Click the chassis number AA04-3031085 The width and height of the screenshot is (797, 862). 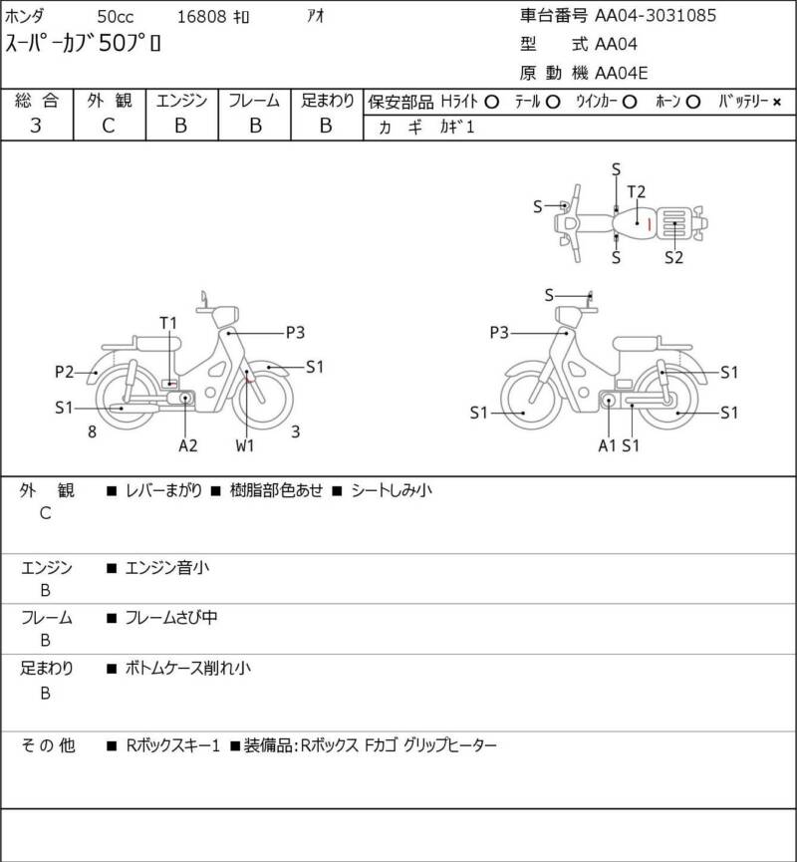[x=656, y=15]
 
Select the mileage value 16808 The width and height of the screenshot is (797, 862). [x=201, y=17]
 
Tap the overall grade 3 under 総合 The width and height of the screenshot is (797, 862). [x=36, y=126]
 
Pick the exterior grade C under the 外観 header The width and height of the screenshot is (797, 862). [x=109, y=126]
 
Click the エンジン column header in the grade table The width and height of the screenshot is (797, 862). [x=181, y=101]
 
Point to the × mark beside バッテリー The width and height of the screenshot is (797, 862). [x=777, y=102]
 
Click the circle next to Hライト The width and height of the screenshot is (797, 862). [x=491, y=102]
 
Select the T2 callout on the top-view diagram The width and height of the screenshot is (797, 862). [x=636, y=192]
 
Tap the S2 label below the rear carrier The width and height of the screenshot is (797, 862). [x=673, y=257]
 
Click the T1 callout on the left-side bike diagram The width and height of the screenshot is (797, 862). [x=168, y=323]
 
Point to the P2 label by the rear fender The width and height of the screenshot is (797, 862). [x=64, y=372]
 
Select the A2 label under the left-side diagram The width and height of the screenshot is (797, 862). [x=188, y=445]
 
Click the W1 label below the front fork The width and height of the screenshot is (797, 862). [x=245, y=445]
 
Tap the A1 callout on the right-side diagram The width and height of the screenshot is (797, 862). [x=607, y=445]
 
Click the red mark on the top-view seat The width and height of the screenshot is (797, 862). [x=650, y=224]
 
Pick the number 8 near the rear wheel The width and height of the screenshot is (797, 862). [x=92, y=432]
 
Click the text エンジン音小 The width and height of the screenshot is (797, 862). [x=167, y=567]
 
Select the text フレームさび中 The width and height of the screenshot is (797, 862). [x=171, y=618]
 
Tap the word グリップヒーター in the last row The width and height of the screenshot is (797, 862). [x=449, y=745]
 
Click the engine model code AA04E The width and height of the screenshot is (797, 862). [x=621, y=73]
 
